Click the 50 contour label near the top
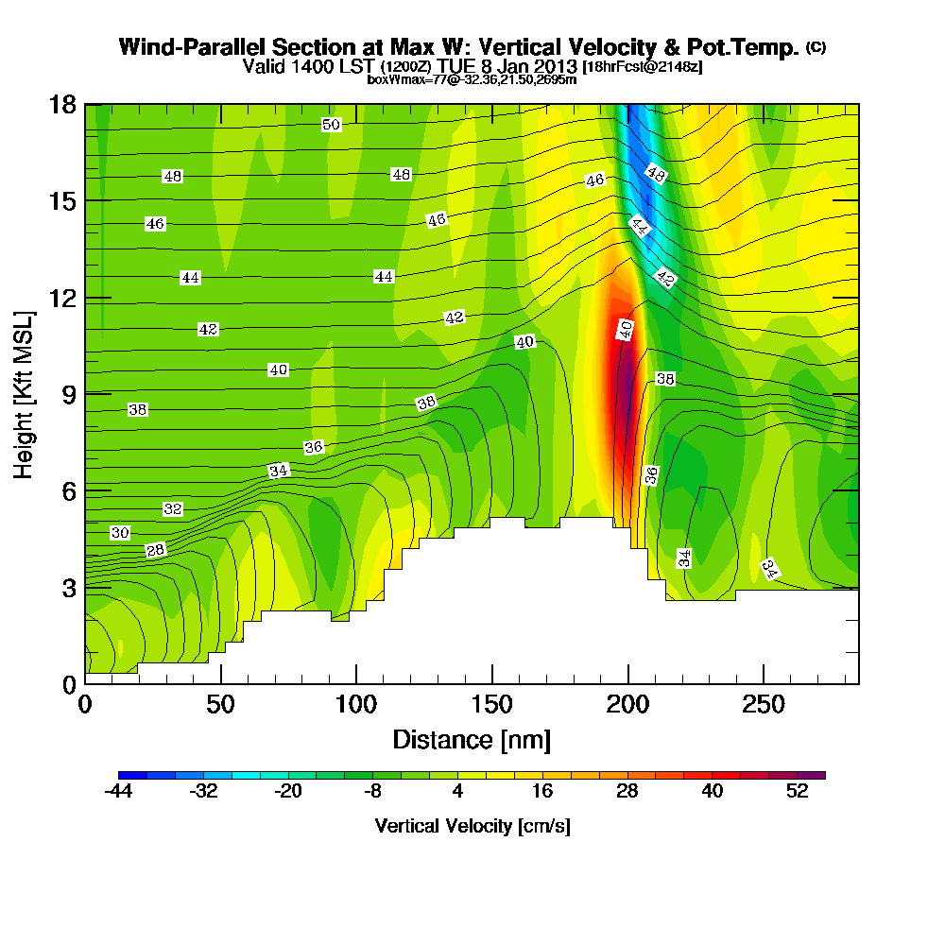[331, 125]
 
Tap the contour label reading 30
[120, 533]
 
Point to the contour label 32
[173, 509]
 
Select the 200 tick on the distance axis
[627, 705]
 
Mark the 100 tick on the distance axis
[356, 705]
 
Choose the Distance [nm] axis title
[472, 739]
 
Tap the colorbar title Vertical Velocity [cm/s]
[472, 826]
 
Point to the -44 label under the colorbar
[120, 793]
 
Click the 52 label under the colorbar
[797, 793]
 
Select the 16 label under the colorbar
[542, 793]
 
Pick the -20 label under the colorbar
[288, 793]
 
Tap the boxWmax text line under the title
[472, 79]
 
